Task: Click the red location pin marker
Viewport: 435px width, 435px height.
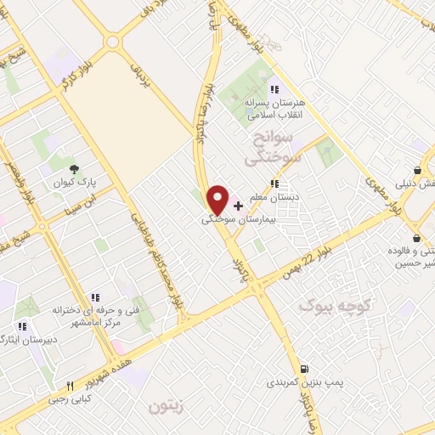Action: [218, 199]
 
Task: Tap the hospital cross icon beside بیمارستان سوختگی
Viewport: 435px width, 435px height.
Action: [238, 206]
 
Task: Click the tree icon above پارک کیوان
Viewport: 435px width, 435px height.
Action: [75, 168]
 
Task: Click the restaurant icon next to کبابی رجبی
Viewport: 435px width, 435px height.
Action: [71, 385]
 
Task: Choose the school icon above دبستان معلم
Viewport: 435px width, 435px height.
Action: [274, 184]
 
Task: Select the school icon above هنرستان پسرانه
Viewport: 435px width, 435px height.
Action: [274, 89]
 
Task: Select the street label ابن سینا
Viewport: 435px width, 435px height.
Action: [88, 202]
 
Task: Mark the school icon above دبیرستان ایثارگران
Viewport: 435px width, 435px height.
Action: [22, 325]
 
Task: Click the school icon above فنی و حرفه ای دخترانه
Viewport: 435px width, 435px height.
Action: [95, 297]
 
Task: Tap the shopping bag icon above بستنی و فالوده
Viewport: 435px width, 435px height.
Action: [416, 237]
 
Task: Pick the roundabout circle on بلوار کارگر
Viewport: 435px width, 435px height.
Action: [113, 42]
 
